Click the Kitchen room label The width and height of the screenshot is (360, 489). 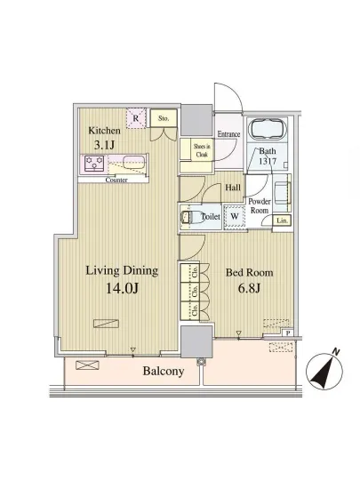pyautogui.click(x=104, y=131)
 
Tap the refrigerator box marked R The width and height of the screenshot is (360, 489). pyautogui.click(x=136, y=118)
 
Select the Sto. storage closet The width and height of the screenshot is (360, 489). pyautogui.click(x=164, y=118)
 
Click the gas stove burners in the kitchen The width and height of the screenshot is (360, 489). pyautogui.click(x=94, y=164)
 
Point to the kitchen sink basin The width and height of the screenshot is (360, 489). pyautogui.click(x=134, y=163)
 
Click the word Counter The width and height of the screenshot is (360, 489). pyautogui.click(x=116, y=180)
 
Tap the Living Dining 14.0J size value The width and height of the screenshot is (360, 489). pyautogui.click(x=122, y=288)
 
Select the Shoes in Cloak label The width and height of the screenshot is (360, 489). pyautogui.click(x=202, y=150)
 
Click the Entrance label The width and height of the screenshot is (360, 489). pyautogui.click(x=228, y=134)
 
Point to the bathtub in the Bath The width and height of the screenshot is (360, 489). pyautogui.click(x=268, y=129)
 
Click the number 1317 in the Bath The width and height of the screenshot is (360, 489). pyautogui.click(x=268, y=161)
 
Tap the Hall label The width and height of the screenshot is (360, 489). pyautogui.click(x=233, y=188)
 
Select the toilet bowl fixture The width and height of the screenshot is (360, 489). pyautogui.click(x=190, y=217)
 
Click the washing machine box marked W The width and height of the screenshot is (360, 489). pyautogui.click(x=235, y=216)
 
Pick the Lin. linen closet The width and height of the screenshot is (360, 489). pyautogui.click(x=282, y=220)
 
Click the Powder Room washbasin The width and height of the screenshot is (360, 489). pyautogui.click(x=283, y=193)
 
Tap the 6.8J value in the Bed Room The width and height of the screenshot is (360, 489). pyautogui.click(x=249, y=288)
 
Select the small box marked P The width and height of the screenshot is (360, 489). pyautogui.click(x=288, y=333)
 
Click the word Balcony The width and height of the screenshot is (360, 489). pyautogui.click(x=164, y=371)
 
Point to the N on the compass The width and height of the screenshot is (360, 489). pyautogui.click(x=336, y=352)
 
